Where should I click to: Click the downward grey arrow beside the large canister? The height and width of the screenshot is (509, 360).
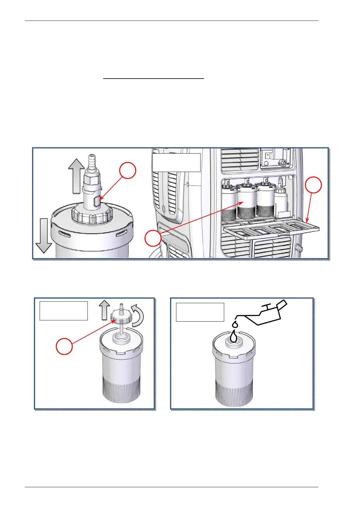point(44,235)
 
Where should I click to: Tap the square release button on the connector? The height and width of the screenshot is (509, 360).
point(97,201)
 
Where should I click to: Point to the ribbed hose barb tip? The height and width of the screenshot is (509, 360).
point(91,160)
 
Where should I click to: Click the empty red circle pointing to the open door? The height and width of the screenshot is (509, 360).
point(313,185)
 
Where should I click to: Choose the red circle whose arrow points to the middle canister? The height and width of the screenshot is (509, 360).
point(153,238)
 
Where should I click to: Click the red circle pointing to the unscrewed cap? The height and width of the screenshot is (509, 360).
point(64,346)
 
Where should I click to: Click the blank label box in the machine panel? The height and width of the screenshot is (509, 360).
point(176,162)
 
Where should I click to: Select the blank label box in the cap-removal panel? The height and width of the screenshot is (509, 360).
point(64,310)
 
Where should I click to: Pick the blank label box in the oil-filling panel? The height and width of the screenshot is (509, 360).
point(200,312)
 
